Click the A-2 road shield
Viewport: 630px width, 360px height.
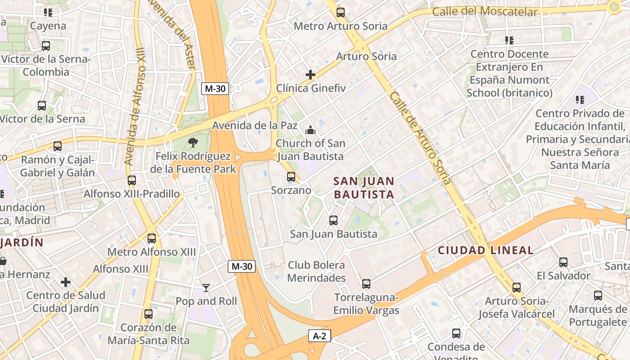pos(319,336)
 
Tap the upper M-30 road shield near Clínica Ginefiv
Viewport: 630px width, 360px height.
pos(215,89)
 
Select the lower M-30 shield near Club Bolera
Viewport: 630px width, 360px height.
pos(242,266)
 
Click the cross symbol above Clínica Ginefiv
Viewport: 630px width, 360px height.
pos(310,75)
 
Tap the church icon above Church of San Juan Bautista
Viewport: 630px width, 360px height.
pos(310,130)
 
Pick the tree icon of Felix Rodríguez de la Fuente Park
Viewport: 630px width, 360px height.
pos(193,143)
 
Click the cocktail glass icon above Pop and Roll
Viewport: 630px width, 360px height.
pos(206,288)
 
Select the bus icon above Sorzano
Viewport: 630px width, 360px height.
pos(291,177)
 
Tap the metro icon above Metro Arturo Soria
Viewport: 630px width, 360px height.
pos(341,13)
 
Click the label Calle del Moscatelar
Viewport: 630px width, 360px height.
pos(485,11)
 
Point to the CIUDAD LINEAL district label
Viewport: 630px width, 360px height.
pos(486,250)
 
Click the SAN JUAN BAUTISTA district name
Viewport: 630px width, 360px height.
pos(364,188)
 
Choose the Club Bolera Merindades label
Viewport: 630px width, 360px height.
pos(316,271)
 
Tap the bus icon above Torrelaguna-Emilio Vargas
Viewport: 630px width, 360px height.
pos(366,284)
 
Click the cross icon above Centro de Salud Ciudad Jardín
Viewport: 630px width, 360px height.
pos(66,282)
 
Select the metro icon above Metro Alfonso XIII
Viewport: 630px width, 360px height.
pos(152,238)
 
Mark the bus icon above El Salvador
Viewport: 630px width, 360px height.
pos(563,262)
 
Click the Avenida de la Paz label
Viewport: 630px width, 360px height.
pos(255,125)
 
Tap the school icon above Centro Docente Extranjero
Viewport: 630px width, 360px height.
pos(509,40)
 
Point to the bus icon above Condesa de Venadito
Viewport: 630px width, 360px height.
pos(456,333)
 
